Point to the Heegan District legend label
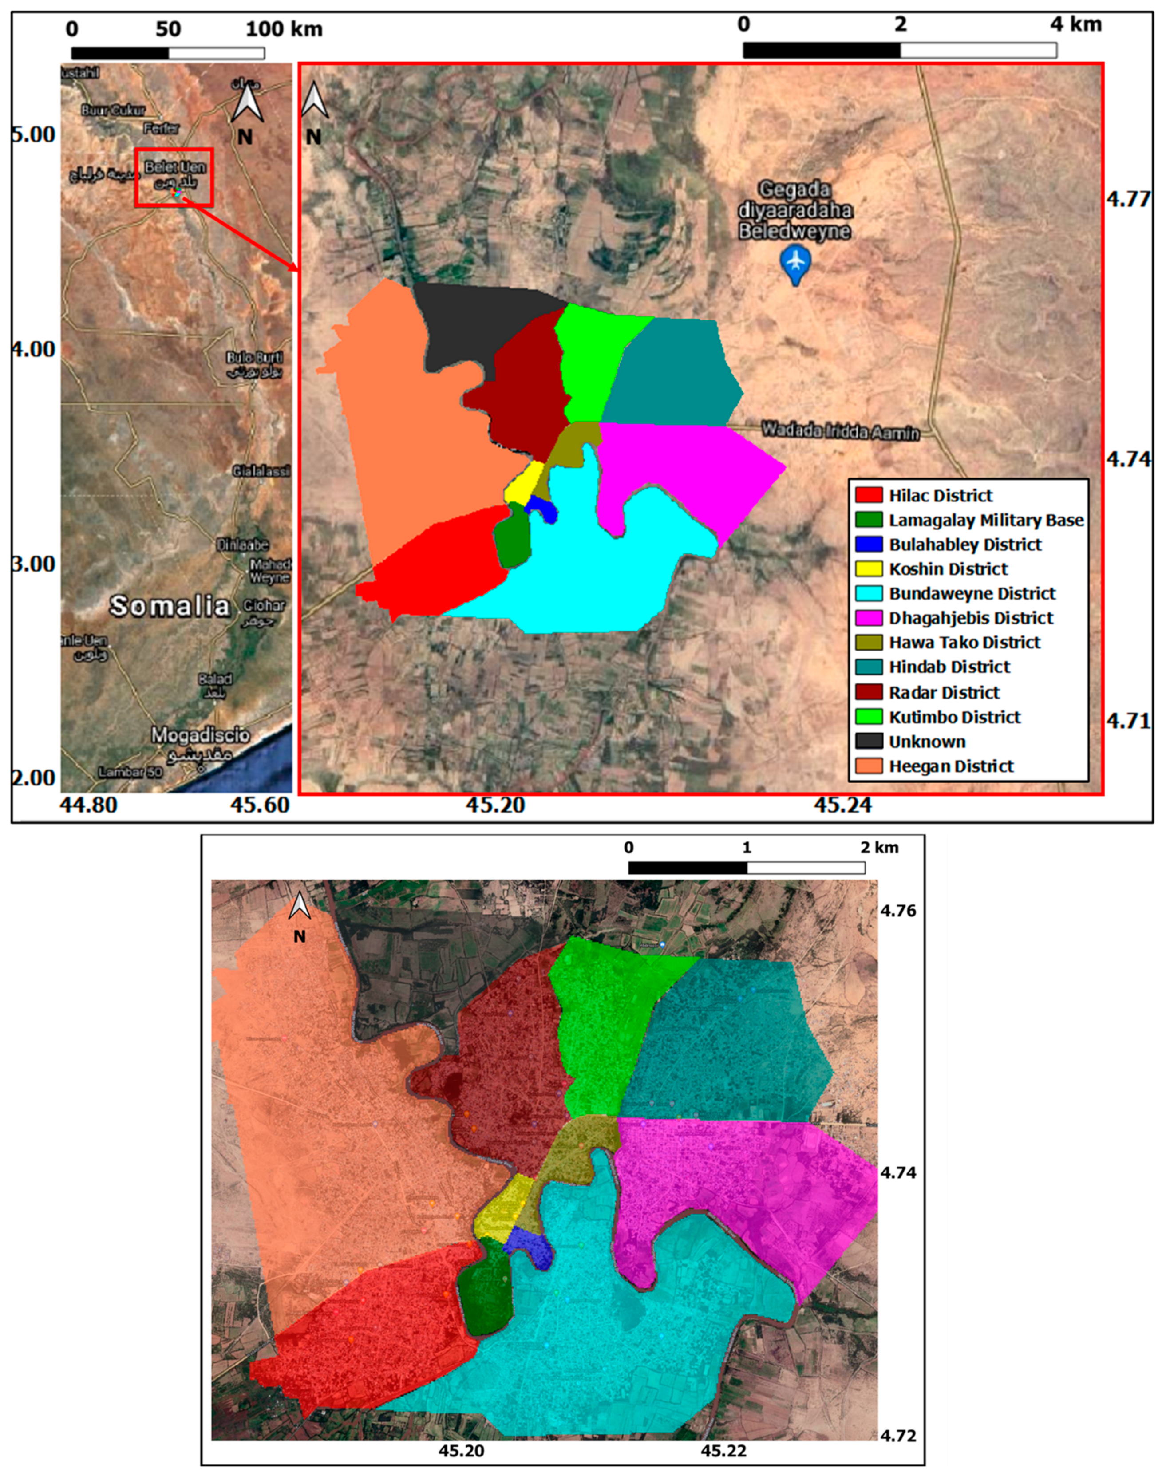951,766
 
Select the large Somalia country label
170,606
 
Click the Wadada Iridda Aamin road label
840,432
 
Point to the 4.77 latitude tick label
1128,200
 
